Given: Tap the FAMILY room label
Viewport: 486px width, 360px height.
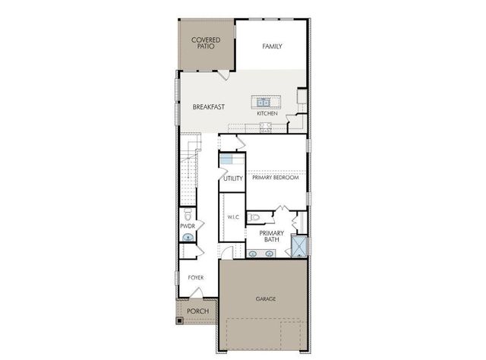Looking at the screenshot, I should point(272,46).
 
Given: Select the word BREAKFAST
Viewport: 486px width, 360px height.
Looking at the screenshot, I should point(207,107).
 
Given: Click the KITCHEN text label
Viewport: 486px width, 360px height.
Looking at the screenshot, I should point(267,113).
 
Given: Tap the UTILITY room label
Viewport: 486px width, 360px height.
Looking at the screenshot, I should point(232,179).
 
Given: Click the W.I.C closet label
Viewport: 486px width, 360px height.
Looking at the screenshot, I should point(233,217).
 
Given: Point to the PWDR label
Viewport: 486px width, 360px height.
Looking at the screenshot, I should point(188,226).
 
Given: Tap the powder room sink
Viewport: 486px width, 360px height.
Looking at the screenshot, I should point(188,238).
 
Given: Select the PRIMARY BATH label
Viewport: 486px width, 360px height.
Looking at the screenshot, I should point(272,236).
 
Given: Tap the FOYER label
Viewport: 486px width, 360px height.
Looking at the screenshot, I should point(196,278).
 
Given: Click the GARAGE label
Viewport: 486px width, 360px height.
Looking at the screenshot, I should point(265,298).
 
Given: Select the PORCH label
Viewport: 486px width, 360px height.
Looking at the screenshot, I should point(198,311).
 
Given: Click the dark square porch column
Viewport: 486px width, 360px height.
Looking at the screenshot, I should point(180,320).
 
